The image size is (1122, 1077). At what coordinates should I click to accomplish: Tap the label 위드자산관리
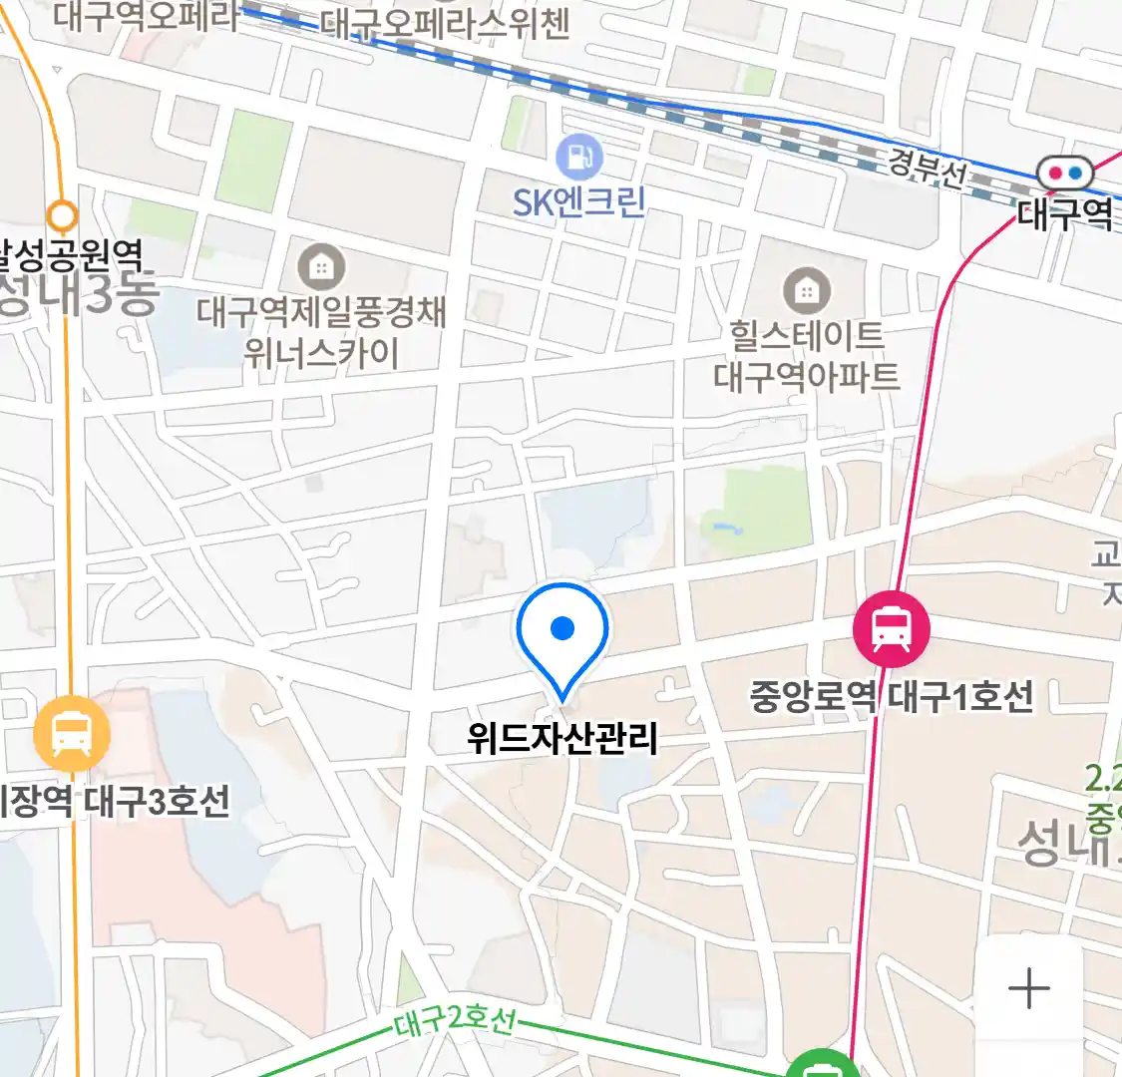562,739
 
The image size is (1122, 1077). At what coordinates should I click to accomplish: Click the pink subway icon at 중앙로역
891,628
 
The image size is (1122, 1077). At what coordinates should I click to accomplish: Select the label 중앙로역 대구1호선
892,696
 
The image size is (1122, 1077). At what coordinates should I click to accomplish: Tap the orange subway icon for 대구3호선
71,735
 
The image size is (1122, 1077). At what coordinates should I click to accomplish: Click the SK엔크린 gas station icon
579,157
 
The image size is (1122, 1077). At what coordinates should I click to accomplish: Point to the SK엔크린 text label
579,202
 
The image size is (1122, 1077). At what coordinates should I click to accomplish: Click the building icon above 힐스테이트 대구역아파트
807,292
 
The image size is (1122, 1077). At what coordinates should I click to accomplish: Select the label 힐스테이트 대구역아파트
807,356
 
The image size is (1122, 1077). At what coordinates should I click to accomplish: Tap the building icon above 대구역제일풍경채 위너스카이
321,267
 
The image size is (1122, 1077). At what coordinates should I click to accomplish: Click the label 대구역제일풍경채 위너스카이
321,332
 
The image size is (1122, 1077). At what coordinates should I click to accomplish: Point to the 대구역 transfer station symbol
1064,174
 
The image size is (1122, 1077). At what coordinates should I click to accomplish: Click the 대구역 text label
1064,214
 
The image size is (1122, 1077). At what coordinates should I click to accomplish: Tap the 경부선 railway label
927,169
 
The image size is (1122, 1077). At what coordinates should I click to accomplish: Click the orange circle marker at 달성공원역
63,214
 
